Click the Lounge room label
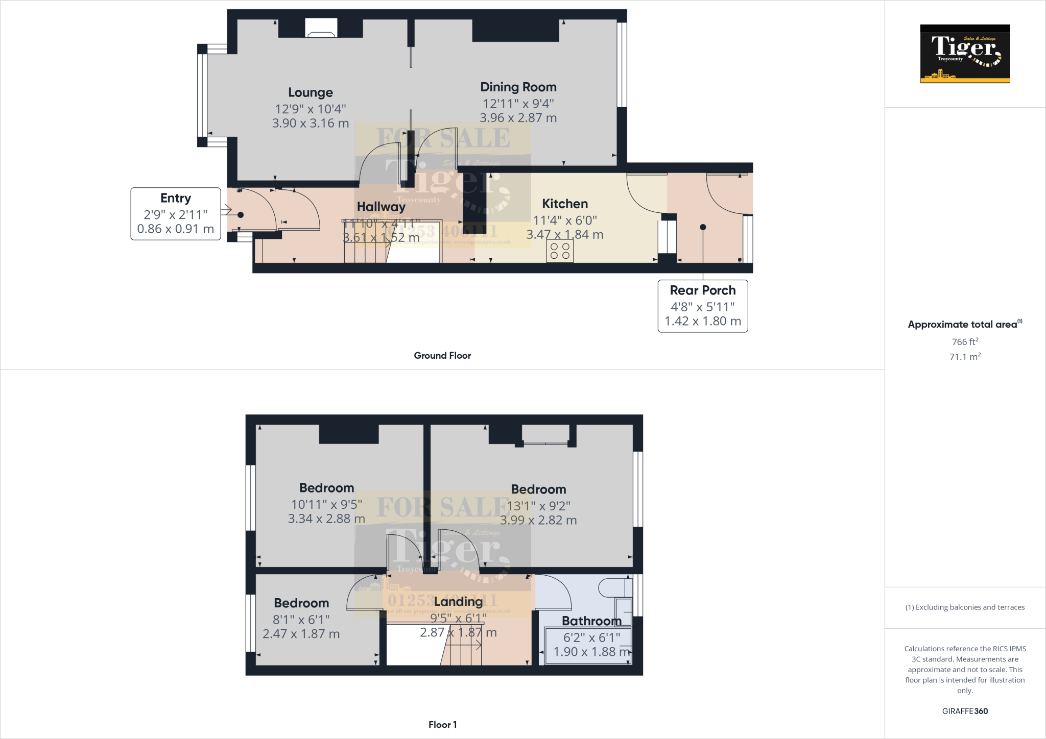(310, 92)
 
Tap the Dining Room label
(518, 87)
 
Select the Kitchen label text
(564, 204)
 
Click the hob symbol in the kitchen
(560, 251)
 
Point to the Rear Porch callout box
(702, 306)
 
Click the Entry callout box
(175, 213)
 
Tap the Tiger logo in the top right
(965, 54)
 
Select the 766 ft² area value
(964, 342)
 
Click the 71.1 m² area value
(964, 357)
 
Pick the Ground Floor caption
(442, 356)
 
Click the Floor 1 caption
(442, 725)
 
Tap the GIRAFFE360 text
(964, 711)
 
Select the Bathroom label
(591, 621)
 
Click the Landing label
(458, 602)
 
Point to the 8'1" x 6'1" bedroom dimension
(301, 620)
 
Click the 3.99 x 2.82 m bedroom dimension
(538, 520)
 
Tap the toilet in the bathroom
(613, 587)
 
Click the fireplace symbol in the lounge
(321, 28)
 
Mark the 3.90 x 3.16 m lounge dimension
(310, 124)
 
